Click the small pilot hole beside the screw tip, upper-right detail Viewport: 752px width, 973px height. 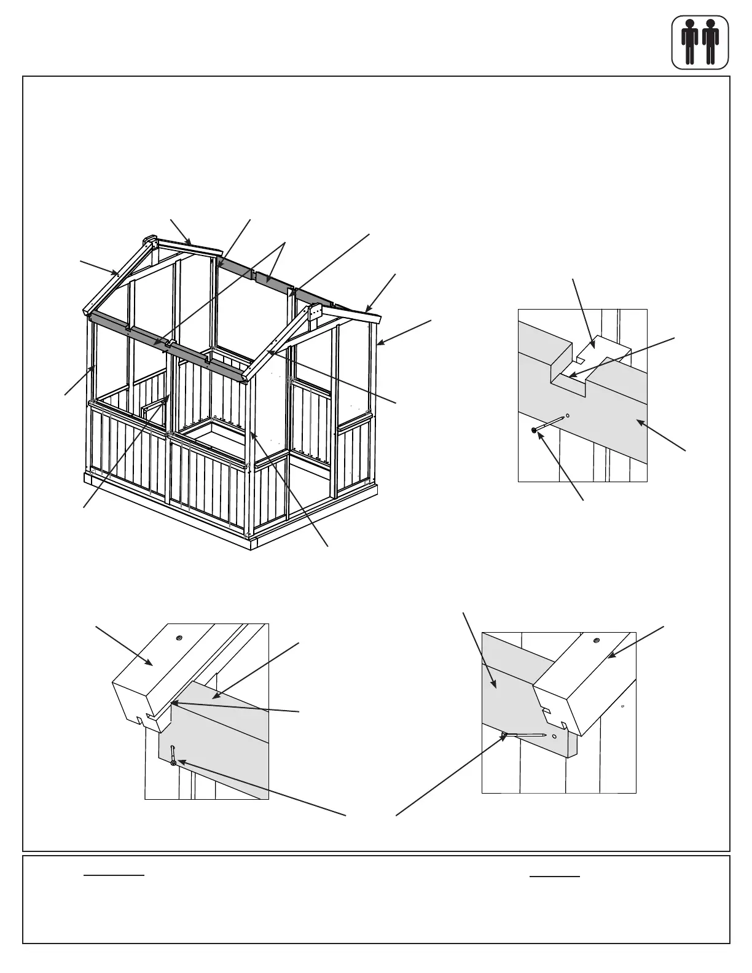point(568,415)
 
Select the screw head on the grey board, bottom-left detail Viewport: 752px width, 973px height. point(174,762)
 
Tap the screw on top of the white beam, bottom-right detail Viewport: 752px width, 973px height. point(596,640)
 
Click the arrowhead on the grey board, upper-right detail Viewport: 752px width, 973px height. point(639,422)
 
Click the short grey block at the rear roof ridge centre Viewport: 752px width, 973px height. point(267,277)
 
